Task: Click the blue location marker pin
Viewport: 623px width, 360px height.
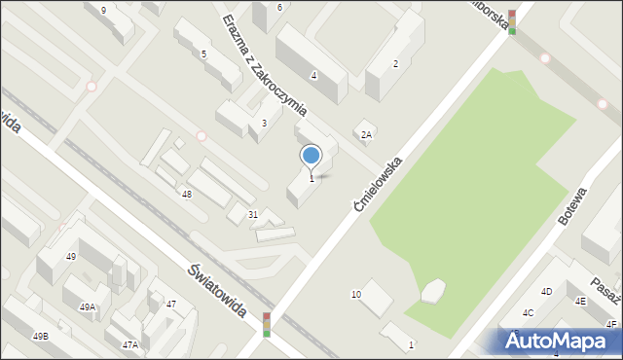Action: pyautogui.click(x=311, y=156)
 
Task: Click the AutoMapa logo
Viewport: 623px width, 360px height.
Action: pyautogui.click(x=558, y=341)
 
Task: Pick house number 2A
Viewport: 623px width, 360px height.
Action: pyautogui.click(x=366, y=135)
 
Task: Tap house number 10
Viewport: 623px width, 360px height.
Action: pyautogui.click(x=356, y=294)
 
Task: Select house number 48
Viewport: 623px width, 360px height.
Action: pyautogui.click(x=186, y=195)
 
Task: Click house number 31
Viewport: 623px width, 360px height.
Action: pyautogui.click(x=252, y=214)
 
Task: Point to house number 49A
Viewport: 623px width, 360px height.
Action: pyautogui.click(x=88, y=307)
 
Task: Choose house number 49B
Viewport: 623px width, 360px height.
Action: pyautogui.click(x=40, y=337)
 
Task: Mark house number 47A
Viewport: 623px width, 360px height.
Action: pyautogui.click(x=129, y=344)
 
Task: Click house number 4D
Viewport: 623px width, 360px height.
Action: pyautogui.click(x=547, y=291)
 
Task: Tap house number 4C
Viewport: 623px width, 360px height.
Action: pyautogui.click(x=528, y=312)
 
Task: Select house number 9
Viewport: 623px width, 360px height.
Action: pyautogui.click(x=103, y=10)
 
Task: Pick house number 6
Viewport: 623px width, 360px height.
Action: pyautogui.click(x=279, y=8)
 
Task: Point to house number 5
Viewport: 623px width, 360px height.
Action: pyautogui.click(x=203, y=54)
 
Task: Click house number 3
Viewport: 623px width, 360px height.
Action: pyautogui.click(x=264, y=124)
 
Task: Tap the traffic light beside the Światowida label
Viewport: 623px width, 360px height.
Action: pyautogui.click(x=267, y=324)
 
